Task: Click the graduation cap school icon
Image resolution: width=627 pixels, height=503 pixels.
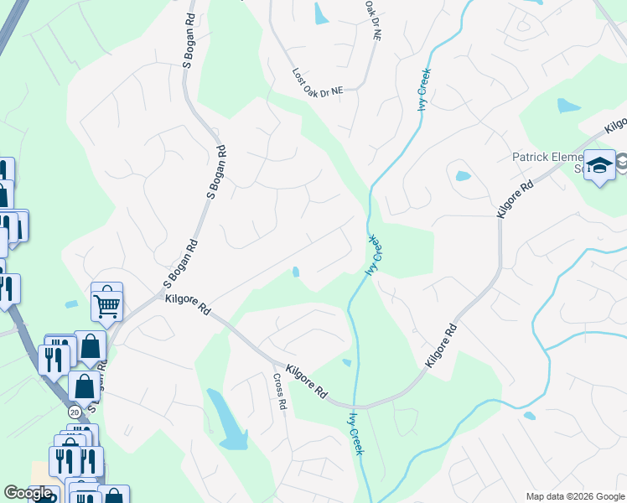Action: tap(599, 166)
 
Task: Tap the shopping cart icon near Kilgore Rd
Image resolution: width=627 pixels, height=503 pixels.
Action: tap(107, 303)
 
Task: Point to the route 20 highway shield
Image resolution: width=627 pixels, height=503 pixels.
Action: tap(75, 412)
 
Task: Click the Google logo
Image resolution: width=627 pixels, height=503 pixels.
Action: tap(28, 494)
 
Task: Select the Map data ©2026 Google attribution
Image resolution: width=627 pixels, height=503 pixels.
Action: tap(574, 496)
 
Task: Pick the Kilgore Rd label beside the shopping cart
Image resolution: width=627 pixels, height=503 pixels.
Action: tap(187, 304)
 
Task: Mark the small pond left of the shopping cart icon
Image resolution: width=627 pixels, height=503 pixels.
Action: tap(71, 303)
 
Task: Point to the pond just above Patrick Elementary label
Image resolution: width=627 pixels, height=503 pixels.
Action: tap(568, 105)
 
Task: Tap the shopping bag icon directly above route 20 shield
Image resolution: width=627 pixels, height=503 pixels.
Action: tap(85, 386)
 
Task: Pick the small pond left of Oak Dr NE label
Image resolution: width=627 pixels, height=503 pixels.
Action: tap(321, 13)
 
